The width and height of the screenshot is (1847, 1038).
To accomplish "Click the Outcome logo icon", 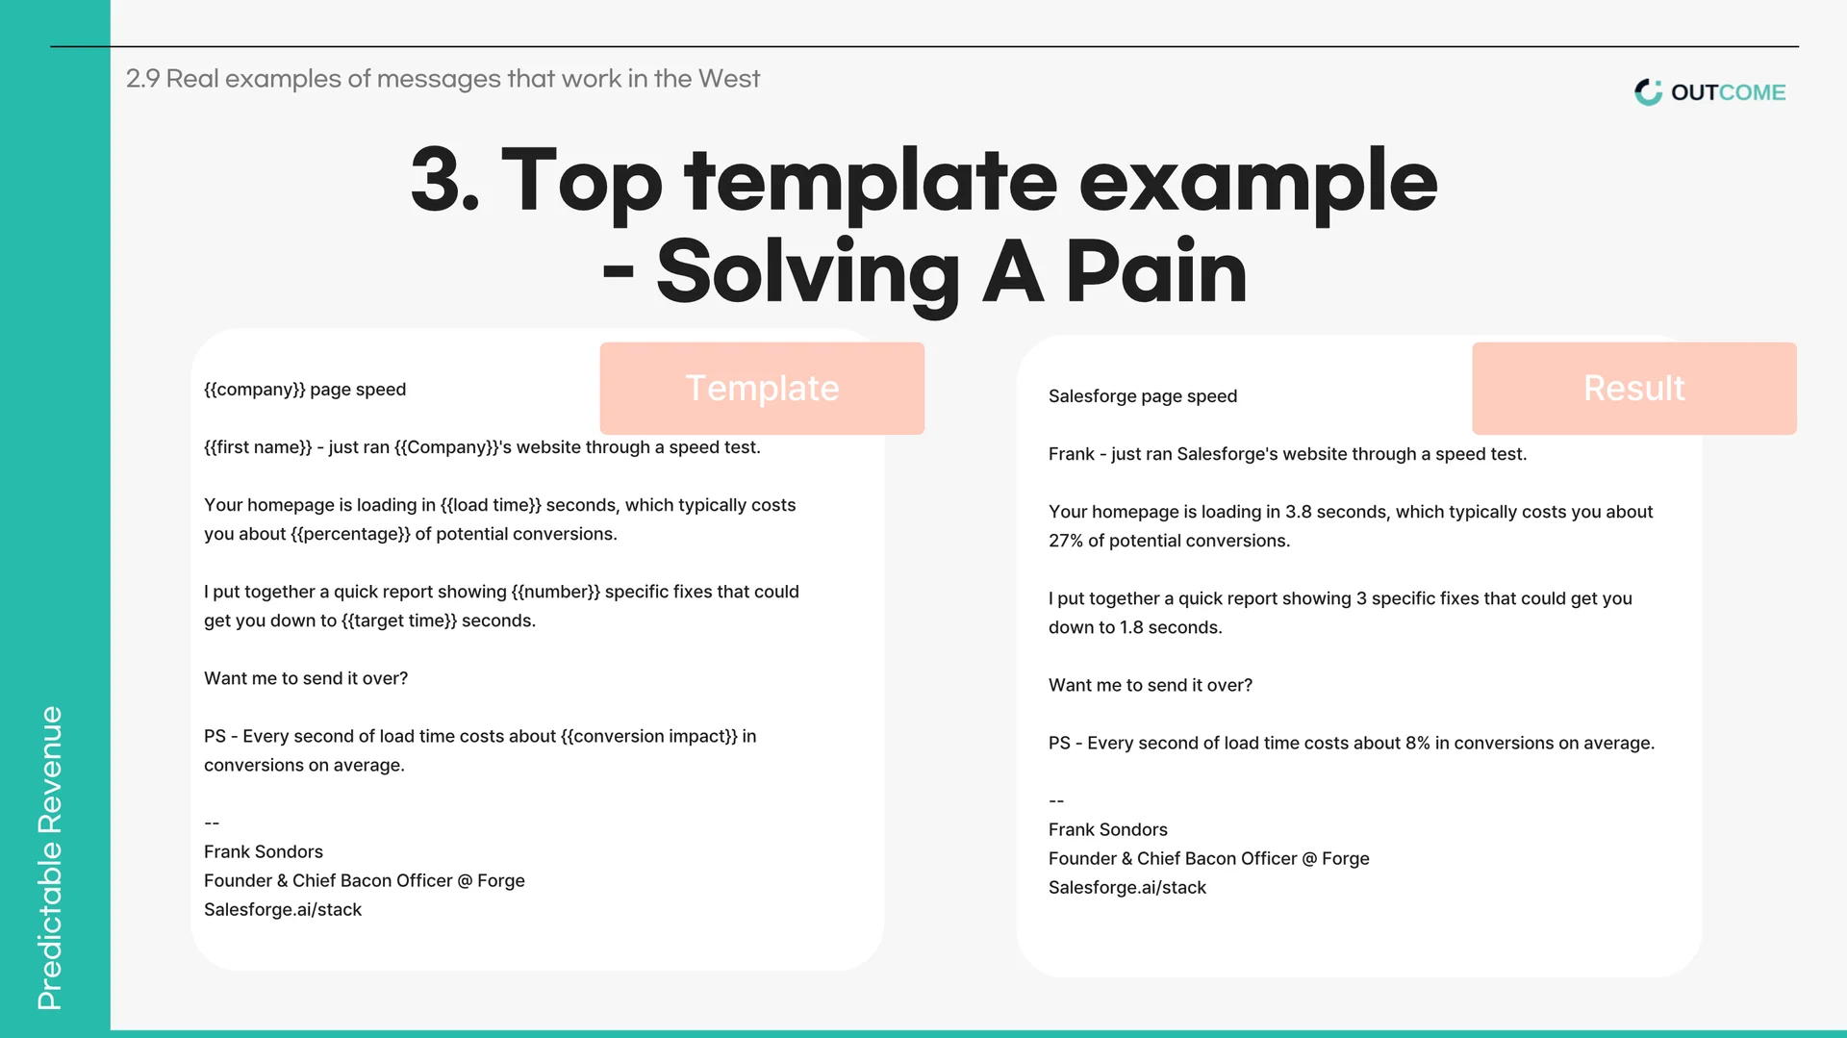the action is [1648, 92].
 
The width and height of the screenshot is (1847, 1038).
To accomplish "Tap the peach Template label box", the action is [762, 388].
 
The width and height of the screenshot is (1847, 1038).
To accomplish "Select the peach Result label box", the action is [1634, 388].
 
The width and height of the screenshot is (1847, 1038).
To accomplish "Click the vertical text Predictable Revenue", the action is [50, 858].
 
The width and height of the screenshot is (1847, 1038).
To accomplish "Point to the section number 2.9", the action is [143, 79].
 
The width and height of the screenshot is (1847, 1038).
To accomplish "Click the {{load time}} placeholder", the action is [491, 505].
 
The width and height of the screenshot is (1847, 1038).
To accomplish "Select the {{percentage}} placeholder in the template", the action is [350, 534].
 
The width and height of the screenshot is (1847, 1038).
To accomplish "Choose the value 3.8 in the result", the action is [1299, 512].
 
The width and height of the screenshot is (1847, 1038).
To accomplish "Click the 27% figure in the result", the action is [1066, 541].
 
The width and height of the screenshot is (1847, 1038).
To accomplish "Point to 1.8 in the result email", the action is [1131, 627].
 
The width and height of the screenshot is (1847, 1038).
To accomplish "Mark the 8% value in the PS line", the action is [1418, 743].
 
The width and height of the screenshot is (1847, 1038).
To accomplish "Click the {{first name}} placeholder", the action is [258, 447].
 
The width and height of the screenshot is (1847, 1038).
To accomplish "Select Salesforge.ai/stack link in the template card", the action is [283, 910].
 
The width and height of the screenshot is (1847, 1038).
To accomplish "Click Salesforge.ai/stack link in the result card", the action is [1127, 888].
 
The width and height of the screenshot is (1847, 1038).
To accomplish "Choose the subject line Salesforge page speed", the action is [1143, 396].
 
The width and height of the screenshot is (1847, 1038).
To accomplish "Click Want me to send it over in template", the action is [306, 678].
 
